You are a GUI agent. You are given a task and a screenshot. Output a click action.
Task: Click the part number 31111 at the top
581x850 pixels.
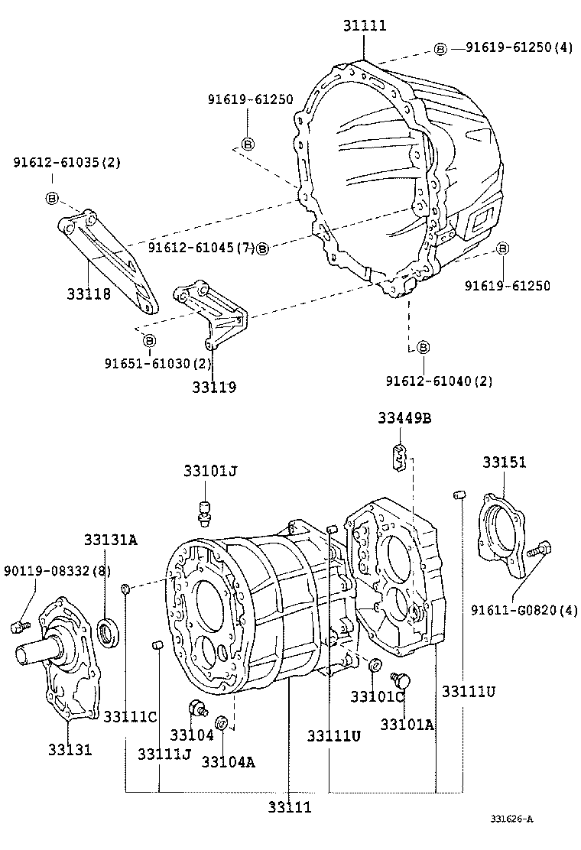[364, 26]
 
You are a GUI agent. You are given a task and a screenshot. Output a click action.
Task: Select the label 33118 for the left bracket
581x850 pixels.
[88, 294]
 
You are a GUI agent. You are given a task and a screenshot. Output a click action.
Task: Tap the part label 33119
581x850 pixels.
[214, 388]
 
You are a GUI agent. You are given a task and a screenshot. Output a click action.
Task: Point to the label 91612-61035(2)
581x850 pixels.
[66, 163]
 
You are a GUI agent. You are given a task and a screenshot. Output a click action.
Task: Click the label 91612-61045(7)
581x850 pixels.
[201, 248]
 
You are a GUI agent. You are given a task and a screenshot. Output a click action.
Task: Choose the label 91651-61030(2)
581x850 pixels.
[157, 364]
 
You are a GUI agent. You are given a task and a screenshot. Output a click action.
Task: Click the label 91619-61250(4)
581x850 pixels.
[518, 47]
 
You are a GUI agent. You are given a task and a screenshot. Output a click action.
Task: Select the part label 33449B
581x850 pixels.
[404, 418]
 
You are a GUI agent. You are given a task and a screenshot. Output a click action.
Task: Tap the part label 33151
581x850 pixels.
[504, 462]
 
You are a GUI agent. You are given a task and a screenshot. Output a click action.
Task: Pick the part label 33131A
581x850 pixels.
[111, 540]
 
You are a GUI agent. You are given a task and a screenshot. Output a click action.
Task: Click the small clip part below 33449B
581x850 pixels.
[398, 456]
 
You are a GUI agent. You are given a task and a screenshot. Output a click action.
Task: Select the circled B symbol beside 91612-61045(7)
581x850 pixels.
[262, 248]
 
